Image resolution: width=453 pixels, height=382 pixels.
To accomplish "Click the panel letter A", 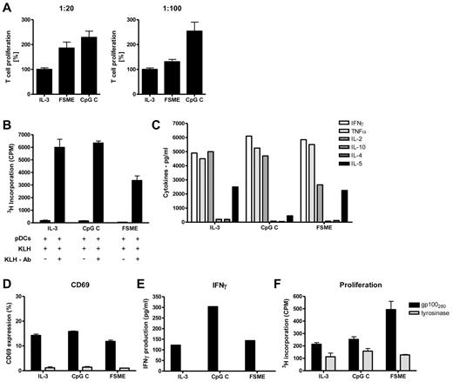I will point(7,8).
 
